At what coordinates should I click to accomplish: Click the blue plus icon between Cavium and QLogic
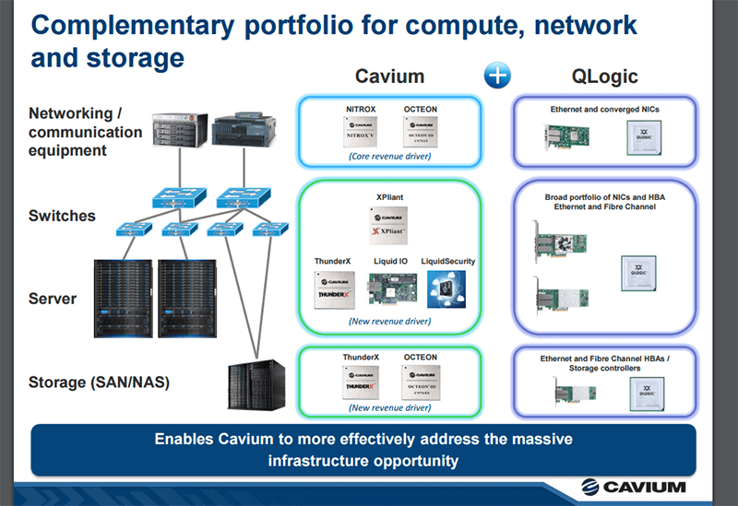point(498,76)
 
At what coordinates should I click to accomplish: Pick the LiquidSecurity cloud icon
point(448,288)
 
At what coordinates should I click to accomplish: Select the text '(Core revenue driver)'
point(388,157)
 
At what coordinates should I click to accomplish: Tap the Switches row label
point(62,216)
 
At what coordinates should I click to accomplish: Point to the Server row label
point(53,299)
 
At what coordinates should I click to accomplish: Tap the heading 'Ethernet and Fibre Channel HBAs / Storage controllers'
point(602,362)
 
